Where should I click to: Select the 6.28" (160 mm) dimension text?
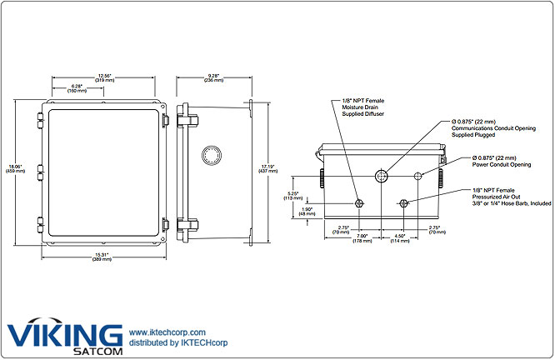(x=77, y=88)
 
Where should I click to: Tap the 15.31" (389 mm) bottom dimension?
(x=102, y=257)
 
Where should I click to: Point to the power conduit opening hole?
(x=418, y=175)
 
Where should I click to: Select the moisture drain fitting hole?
(x=359, y=204)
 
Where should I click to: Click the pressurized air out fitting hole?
(x=404, y=203)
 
